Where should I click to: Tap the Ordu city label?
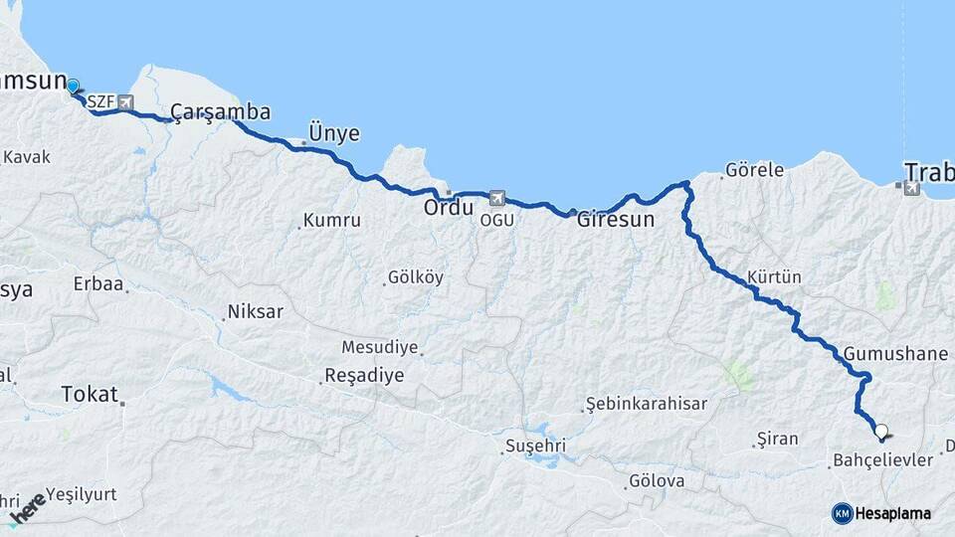pos(449,209)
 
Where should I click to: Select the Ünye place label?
pos(334,133)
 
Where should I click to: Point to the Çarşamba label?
pos(220,112)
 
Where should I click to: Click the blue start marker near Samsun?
pos(73,86)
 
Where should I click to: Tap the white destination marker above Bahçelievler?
pos(880,432)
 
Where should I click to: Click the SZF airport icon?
pos(125,101)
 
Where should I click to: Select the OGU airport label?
pos(497,220)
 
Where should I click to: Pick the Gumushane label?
pos(898,354)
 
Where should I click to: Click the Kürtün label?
pos(774,276)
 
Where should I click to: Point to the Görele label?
pos(754,170)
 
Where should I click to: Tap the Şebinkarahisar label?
pos(647,404)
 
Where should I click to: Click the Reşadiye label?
pos(364,376)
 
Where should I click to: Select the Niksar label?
pos(256,312)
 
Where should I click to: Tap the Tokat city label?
pos(90,394)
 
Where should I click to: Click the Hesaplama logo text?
pos(893,513)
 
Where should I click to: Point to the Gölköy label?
pos(417,277)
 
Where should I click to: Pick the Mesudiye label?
pos(380,347)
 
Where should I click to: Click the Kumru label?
pos(332,220)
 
